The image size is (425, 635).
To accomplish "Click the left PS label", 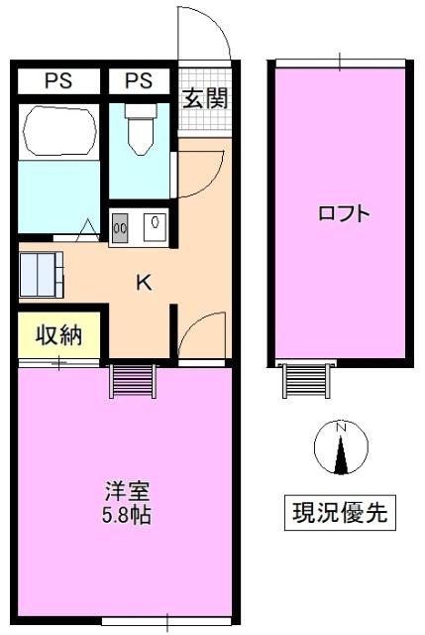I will (x=57, y=80).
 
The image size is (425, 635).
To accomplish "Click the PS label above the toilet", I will (x=139, y=80).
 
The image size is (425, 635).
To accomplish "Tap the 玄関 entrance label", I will (x=205, y=98).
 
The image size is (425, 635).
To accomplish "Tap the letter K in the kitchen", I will (x=144, y=283).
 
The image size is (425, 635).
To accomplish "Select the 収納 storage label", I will (x=58, y=334).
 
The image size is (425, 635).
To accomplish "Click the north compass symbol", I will (x=341, y=447).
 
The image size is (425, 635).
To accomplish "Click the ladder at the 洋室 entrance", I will (x=132, y=380).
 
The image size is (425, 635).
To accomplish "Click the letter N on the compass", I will (x=341, y=428).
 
